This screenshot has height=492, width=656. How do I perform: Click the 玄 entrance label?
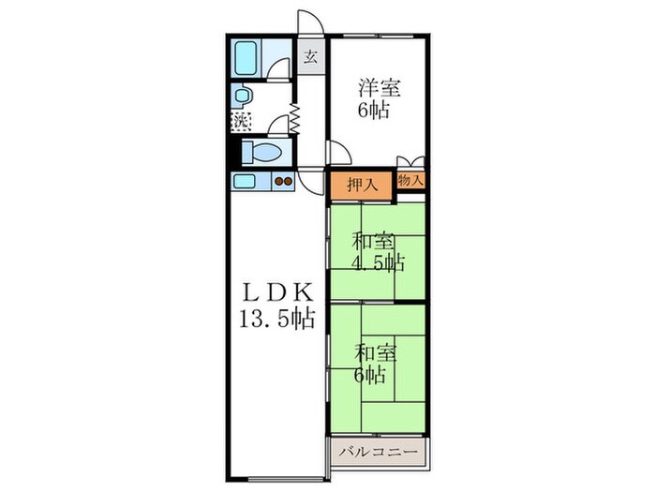pyautogui.click(x=310, y=56)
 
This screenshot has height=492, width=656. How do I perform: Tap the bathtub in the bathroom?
pyautogui.click(x=246, y=57)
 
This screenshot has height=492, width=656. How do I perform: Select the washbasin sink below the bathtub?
pyautogui.click(x=242, y=96)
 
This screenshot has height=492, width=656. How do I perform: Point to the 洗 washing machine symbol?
pyautogui.click(x=241, y=122)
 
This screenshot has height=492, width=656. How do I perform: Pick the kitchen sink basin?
pyautogui.click(x=245, y=182)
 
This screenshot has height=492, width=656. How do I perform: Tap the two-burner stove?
pyautogui.click(x=283, y=182)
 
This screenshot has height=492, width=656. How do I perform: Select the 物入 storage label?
pyautogui.click(x=410, y=180)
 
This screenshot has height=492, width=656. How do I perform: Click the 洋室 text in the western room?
pyautogui.click(x=379, y=88)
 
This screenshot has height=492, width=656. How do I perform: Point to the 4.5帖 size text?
pyautogui.click(x=378, y=263)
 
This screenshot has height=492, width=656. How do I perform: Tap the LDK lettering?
pyautogui.click(x=277, y=293)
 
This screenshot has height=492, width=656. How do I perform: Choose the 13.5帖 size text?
pyautogui.click(x=277, y=320)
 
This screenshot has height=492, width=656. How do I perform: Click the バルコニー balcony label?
pyautogui.click(x=379, y=453)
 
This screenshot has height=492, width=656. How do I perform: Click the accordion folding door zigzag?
pyautogui.click(x=294, y=119)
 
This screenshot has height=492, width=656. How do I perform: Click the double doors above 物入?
pyautogui.click(x=410, y=161)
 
